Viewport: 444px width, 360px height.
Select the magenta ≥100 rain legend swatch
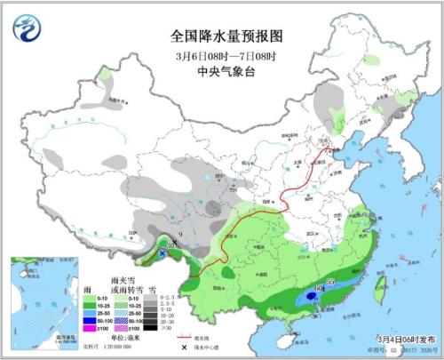pyautogui.click(x=89, y=330)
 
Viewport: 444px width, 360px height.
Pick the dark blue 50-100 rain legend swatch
pyautogui.click(x=89, y=321)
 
